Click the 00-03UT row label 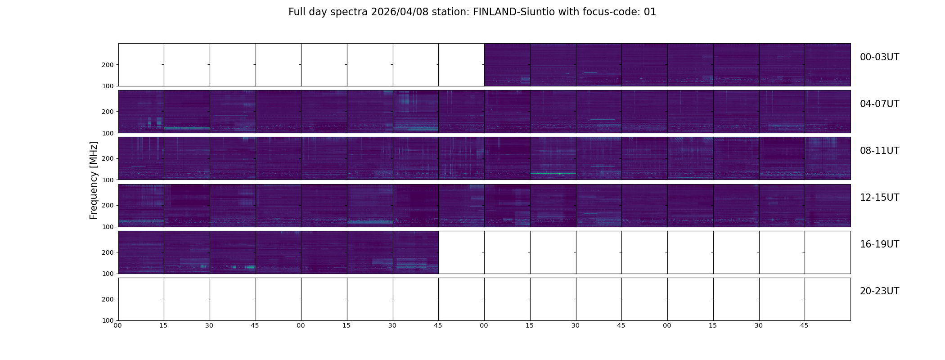tap(879, 57)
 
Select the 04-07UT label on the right tap(879, 104)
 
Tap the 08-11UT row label tap(879, 151)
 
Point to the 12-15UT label tap(879, 198)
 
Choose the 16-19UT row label tap(879, 244)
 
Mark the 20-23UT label tap(879, 291)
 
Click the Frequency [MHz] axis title tap(94, 180)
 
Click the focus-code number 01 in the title tap(650, 12)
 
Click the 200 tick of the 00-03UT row tap(108, 65)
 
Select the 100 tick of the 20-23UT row tap(108, 320)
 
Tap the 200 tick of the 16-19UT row tap(108, 252)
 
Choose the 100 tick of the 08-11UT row tap(108, 180)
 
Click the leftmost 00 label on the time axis tap(117, 325)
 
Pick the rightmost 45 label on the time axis tap(804, 325)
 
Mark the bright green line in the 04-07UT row tap(187, 128)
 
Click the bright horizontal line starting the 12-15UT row tap(141, 221)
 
